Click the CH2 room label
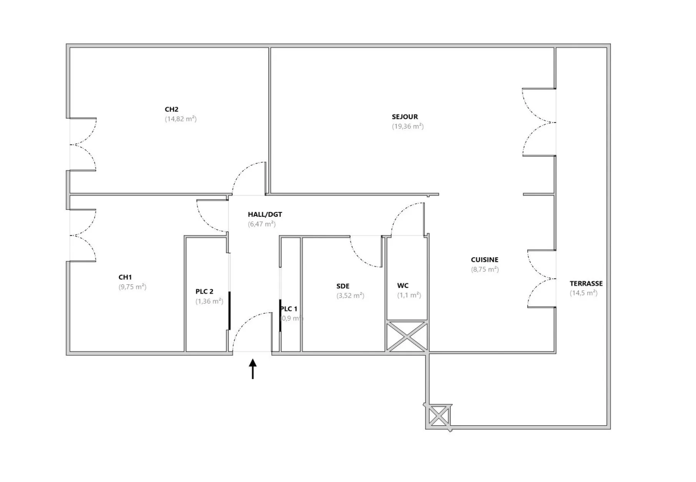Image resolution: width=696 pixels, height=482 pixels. [172, 110]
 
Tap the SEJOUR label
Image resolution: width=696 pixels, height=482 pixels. [405, 117]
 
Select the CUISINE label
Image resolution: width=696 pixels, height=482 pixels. [485, 260]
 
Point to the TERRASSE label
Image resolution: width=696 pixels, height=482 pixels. [586, 284]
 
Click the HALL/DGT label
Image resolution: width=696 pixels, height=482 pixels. [265, 215]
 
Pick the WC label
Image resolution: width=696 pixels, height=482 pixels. [403, 286]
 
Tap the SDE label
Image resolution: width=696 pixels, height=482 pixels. [343, 286]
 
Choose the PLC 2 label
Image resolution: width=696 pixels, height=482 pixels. [204, 292]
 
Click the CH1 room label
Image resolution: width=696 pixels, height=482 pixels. [125, 277]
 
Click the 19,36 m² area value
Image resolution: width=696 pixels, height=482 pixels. [408, 127]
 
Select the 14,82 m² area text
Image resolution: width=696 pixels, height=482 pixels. [181, 119]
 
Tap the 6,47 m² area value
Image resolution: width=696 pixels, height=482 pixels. [262, 224]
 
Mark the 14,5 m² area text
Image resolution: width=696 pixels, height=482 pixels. [584, 294]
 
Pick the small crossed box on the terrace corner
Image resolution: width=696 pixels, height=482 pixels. [439, 416]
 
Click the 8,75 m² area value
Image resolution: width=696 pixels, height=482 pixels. [485, 270]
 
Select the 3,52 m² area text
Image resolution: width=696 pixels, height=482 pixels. [350, 296]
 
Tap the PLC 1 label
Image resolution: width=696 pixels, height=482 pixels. [289, 309]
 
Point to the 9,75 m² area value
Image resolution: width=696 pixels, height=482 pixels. [133, 287]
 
